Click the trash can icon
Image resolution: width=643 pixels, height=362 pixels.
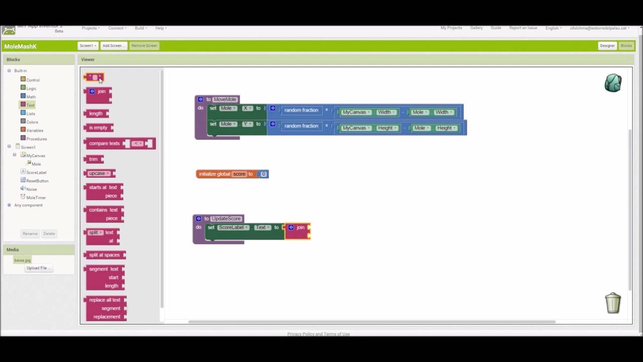coord(613,303)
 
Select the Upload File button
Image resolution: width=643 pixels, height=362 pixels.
coord(37,268)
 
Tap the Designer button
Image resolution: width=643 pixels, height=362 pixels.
coord(607,46)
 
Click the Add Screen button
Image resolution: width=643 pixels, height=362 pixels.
coord(113,46)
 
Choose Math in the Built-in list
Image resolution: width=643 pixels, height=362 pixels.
coord(31,97)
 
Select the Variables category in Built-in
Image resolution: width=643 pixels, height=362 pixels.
coord(34,130)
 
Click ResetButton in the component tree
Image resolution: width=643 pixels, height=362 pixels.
coord(37,180)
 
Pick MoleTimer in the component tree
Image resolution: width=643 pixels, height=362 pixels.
coord(36,198)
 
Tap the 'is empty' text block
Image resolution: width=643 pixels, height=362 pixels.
coord(98,128)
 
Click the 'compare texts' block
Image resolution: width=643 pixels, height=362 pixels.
coord(104,144)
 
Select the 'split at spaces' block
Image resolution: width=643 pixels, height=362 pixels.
coord(104,255)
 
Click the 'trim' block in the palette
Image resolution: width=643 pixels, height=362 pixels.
coord(93,159)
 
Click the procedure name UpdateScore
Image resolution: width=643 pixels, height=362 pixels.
coord(226,219)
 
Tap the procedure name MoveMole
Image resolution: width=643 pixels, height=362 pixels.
coord(225,100)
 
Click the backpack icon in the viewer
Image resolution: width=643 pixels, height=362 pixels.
coord(613,83)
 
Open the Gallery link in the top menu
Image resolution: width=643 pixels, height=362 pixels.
coord(476,28)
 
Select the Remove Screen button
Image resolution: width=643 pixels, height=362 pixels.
coord(144,46)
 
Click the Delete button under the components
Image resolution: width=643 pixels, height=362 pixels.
coord(49,234)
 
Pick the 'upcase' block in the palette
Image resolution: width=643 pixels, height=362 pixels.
coord(97,173)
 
